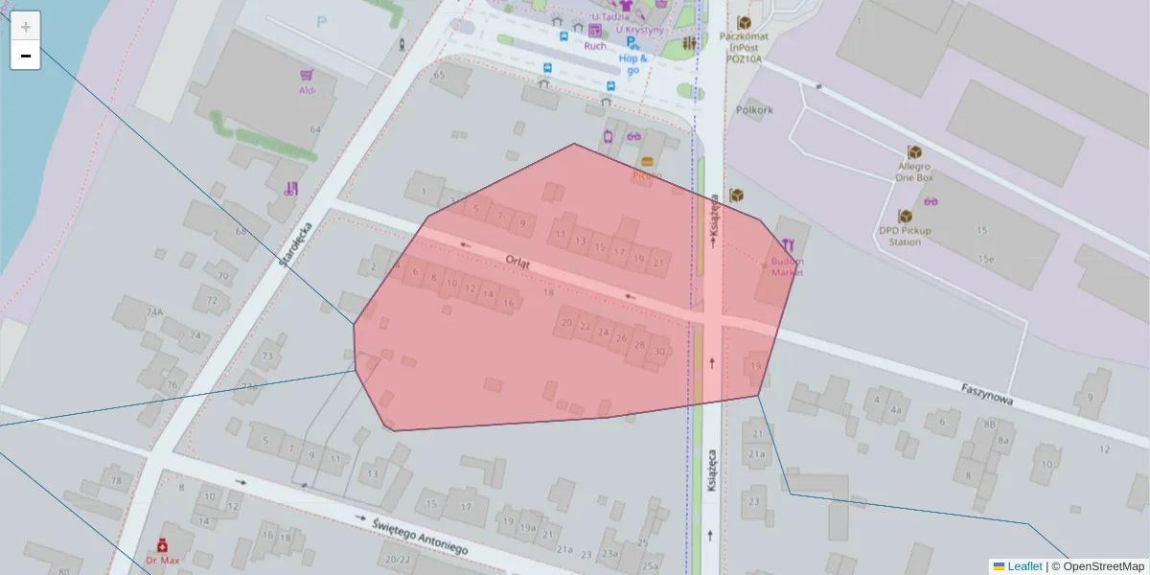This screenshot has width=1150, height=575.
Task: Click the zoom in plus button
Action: tap(25, 26)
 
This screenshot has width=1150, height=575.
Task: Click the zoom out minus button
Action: tap(25, 56)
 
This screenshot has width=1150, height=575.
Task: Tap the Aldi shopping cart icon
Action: tap(307, 75)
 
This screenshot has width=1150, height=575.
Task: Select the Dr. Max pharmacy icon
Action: tap(162, 544)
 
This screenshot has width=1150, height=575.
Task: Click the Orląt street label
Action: tap(517, 261)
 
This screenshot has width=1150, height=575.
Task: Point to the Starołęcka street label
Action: tap(296, 244)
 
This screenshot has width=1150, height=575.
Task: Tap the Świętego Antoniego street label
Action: tap(421, 536)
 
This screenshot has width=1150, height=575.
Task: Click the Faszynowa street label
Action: tap(987, 394)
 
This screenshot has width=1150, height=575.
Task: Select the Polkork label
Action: tap(754, 110)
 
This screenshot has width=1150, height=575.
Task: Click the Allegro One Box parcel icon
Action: tap(914, 152)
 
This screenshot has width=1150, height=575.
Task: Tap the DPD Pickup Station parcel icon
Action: tap(905, 217)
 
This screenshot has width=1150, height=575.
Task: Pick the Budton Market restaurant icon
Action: tap(788, 245)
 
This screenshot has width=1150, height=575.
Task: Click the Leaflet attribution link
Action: tap(1024, 566)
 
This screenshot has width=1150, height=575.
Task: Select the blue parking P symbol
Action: tap(321, 22)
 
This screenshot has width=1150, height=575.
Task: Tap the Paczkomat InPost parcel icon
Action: tap(744, 22)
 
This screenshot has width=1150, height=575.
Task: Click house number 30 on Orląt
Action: tap(659, 352)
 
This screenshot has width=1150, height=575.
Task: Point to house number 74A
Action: tap(154, 312)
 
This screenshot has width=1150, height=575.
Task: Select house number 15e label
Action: tap(984, 260)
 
